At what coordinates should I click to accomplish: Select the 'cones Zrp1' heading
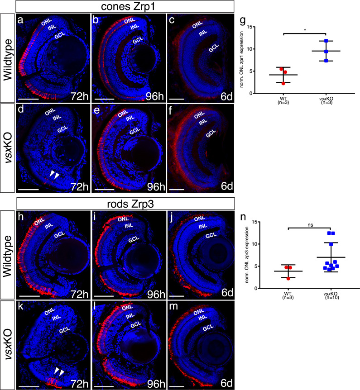[x=124, y=7]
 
